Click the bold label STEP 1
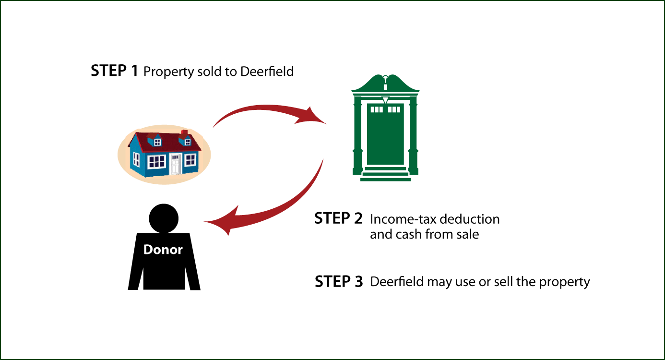(114, 71)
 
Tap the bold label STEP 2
(338, 218)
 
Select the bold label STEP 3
(339, 281)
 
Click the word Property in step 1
(168, 72)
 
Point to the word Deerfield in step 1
(267, 72)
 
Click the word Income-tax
(403, 219)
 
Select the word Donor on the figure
(163, 250)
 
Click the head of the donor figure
(164, 218)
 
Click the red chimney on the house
(184, 132)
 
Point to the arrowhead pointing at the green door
(312, 117)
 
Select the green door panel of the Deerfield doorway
(385, 134)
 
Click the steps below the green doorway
(385, 174)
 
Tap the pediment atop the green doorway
(385, 83)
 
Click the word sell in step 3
(503, 282)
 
